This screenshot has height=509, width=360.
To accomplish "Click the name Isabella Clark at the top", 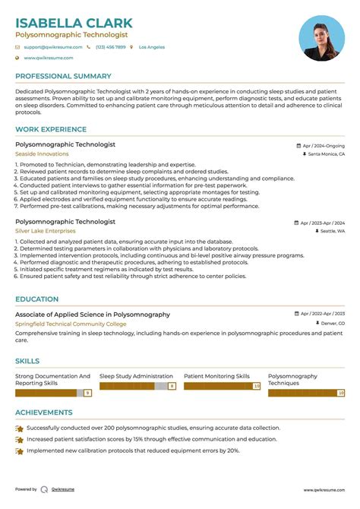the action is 74,23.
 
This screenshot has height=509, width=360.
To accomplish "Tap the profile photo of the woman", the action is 322,39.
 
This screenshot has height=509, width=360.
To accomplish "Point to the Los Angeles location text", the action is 152,47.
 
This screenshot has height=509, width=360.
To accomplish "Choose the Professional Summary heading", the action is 64,77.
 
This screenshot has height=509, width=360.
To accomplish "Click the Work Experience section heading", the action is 50,131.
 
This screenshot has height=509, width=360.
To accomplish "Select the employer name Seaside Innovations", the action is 42,154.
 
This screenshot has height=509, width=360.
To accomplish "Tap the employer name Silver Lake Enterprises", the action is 46,231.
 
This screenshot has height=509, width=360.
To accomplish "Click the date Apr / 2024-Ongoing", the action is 323,144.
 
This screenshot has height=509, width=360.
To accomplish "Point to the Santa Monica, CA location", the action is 326,154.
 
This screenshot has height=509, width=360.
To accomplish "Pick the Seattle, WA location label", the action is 332,231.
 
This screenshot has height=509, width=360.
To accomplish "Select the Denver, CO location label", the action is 331,324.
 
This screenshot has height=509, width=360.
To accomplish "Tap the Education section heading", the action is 37,299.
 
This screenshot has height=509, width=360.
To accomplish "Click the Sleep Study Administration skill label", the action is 137,376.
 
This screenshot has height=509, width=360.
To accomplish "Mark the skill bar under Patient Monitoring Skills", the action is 222,386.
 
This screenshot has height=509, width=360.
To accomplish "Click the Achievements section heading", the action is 44,413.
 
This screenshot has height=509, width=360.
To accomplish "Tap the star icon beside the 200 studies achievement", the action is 20,428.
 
